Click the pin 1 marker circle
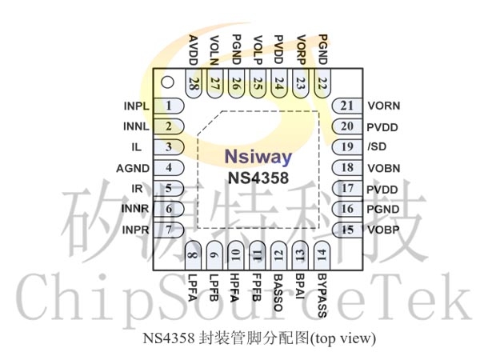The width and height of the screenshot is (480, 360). (166, 82)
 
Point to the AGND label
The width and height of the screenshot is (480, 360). (131, 167)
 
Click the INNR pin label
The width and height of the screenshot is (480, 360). (134, 209)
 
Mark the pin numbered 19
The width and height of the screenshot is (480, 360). (346, 146)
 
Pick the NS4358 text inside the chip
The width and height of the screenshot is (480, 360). (258, 177)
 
